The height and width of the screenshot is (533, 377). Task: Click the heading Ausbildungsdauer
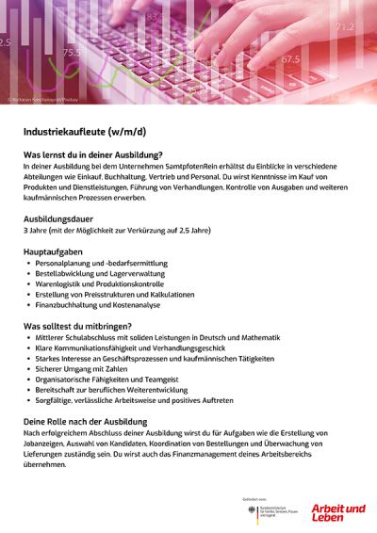coord(60,217)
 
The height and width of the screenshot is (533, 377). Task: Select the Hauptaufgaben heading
coord(54,252)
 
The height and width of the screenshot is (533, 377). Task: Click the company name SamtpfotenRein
coord(174,165)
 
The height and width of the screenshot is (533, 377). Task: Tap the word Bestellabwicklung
coord(65,274)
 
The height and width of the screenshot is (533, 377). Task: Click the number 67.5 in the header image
coord(290,59)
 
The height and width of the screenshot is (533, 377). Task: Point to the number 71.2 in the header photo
coord(345,26)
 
